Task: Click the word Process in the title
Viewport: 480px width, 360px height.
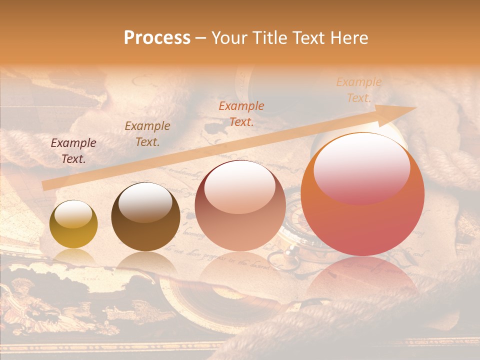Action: (157, 38)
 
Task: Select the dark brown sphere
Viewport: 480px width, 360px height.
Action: (145, 217)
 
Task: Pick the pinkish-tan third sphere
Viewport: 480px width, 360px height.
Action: (240, 206)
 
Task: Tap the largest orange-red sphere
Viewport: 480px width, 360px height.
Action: (362, 195)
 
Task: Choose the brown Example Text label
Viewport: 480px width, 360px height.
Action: (147, 134)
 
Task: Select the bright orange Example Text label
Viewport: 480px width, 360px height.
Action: (241, 113)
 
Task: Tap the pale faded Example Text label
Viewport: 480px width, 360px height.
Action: (358, 90)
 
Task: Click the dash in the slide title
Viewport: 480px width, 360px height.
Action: (201, 38)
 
